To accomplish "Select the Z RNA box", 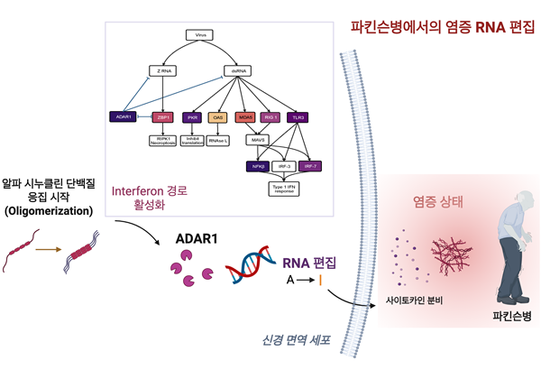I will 164,69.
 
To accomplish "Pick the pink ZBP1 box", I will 164,116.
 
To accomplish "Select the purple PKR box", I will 192,116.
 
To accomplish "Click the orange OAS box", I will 217,116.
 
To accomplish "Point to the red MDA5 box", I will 243,116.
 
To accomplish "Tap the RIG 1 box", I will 270,116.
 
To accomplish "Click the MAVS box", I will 258,140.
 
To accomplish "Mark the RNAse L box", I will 217,140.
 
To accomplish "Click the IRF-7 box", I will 310,166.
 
